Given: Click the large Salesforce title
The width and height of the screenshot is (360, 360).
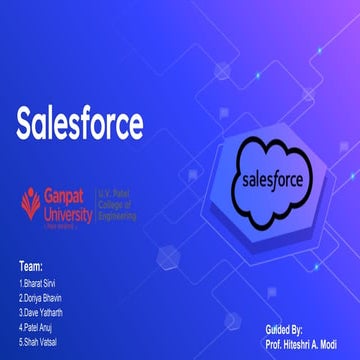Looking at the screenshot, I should [79, 125].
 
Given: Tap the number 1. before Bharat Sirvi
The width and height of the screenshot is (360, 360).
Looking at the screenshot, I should [21, 281].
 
